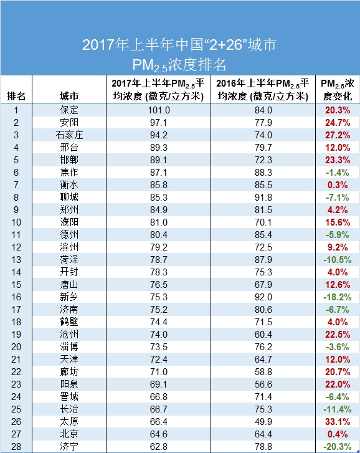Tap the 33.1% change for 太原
(337, 421)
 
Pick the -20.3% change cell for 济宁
(336, 446)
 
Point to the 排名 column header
(16, 96)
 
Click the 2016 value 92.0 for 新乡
(263, 297)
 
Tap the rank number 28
(16, 446)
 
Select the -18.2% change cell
(336, 297)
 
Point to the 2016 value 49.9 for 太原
(263, 421)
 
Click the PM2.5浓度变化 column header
(337, 90)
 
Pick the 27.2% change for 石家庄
(337, 135)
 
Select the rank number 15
(16, 284)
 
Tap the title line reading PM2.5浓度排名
(179, 64)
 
